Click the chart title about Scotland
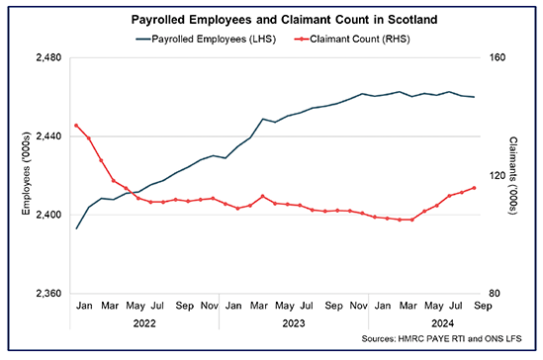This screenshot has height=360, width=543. click(271, 20)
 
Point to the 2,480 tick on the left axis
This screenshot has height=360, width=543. click(47, 58)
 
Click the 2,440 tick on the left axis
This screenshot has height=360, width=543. click(47, 136)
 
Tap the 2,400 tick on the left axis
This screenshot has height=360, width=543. click(47, 215)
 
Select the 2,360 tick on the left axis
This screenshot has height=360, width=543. click(47, 294)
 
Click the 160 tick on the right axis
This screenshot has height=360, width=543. click(495, 58)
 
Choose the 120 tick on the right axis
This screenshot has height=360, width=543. click(495, 176)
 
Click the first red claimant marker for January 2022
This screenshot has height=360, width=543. click(77, 126)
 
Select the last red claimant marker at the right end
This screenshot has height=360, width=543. click(475, 188)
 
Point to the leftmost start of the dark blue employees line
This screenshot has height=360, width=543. click(77, 228)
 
